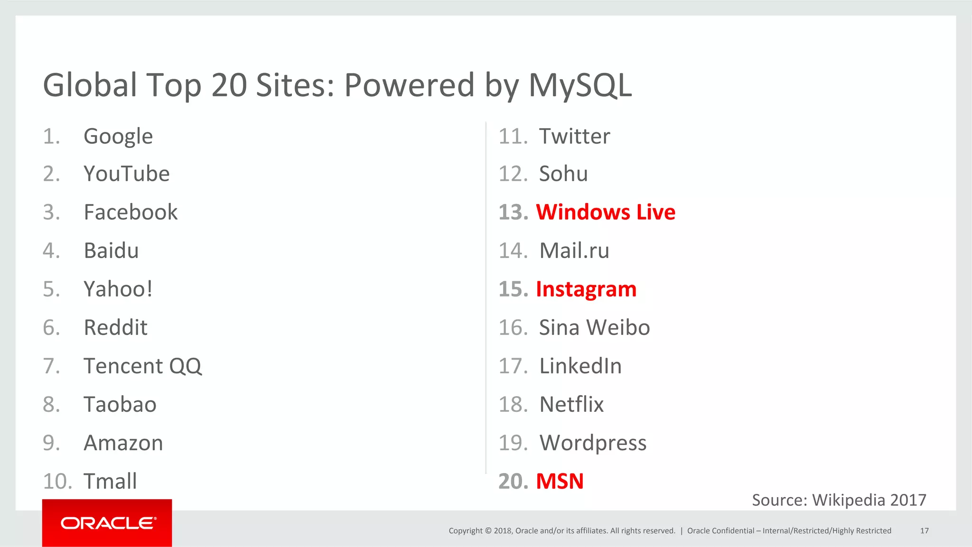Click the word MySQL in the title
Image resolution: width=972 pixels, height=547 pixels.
click(x=580, y=85)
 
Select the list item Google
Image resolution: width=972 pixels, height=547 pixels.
click(x=118, y=137)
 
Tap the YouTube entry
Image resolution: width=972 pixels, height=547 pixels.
click(x=126, y=174)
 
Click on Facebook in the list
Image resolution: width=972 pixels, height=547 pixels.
click(x=131, y=213)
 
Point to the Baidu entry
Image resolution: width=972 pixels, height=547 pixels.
click(x=111, y=251)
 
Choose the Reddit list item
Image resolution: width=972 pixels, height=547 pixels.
click(x=115, y=328)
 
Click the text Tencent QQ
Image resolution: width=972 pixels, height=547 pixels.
click(x=142, y=366)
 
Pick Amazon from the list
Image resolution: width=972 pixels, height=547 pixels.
click(x=123, y=443)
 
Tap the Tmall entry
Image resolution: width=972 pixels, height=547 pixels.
click(x=110, y=482)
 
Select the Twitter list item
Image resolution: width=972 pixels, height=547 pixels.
click(x=574, y=137)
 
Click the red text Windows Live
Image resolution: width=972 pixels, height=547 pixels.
click(x=606, y=213)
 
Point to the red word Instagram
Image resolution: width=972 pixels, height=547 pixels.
click(x=586, y=289)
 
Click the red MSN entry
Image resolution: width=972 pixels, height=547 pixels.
click(x=560, y=482)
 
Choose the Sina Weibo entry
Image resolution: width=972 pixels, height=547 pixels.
click(x=594, y=328)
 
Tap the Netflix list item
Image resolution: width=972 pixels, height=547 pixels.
click(x=571, y=405)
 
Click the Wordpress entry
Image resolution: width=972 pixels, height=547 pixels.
click(x=593, y=443)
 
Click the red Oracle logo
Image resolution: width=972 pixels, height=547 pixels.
click(x=107, y=523)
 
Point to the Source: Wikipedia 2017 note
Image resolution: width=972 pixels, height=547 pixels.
click(x=839, y=500)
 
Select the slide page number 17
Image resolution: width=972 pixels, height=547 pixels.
click(x=924, y=531)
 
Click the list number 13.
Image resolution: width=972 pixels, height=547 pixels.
click(x=513, y=213)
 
